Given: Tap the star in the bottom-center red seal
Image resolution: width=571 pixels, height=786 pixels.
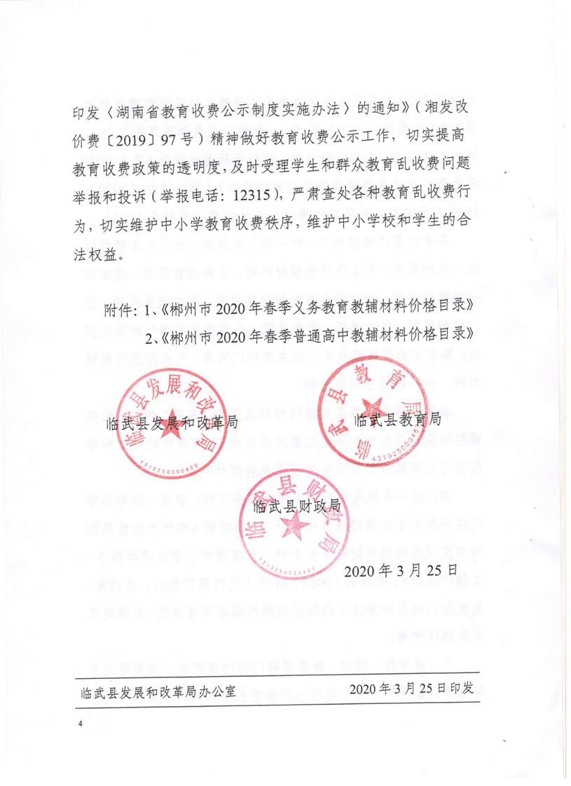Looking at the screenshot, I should click(294, 523).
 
